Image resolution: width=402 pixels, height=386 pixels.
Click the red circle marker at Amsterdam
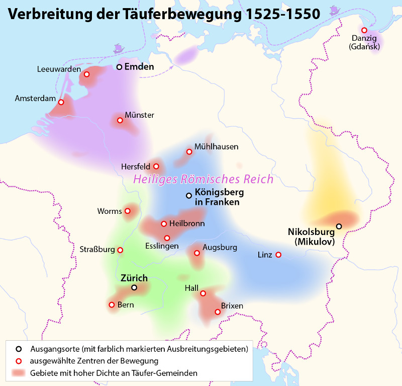(x=61, y=102)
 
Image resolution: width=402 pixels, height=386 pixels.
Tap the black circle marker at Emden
(x=119, y=67)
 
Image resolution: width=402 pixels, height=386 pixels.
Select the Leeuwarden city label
(x=59, y=69)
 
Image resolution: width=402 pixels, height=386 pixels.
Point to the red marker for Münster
(x=120, y=120)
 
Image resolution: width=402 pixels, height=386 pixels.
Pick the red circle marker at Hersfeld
(x=156, y=166)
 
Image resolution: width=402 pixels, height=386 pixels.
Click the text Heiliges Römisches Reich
(x=203, y=179)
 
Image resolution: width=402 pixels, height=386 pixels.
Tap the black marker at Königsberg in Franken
(x=189, y=196)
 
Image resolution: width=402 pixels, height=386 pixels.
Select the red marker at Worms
(x=128, y=211)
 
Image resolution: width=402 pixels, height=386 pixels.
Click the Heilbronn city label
(x=186, y=223)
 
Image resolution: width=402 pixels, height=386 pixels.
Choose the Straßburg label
(x=97, y=249)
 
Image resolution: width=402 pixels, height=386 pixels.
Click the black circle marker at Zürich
(x=134, y=288)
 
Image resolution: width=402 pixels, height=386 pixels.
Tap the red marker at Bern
(x=112, y=304)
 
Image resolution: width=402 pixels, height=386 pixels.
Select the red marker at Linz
(x=278, y=255)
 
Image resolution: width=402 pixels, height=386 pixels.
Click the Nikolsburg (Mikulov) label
(x=312, y=237)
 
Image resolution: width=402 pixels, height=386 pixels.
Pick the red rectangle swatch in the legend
(x=20, y=373)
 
